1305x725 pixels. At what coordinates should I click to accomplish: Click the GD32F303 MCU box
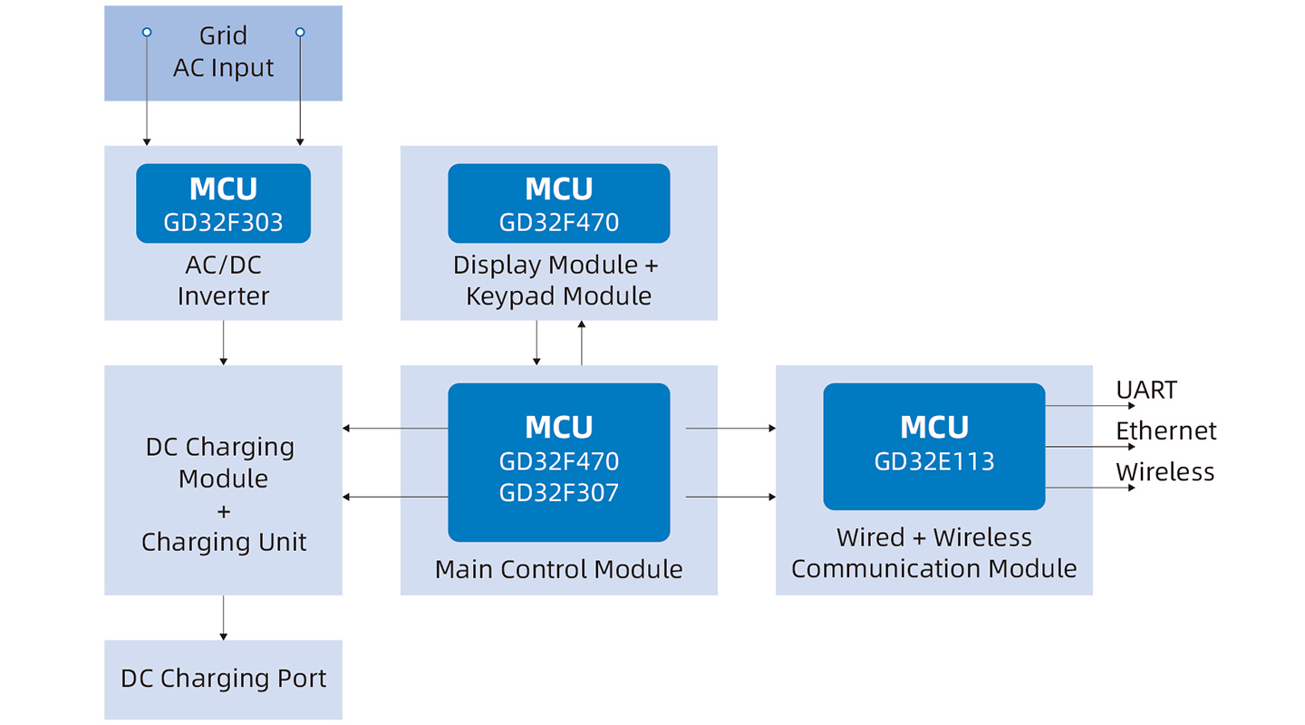click(223, 203)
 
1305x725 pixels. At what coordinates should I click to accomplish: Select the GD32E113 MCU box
click(933, 447)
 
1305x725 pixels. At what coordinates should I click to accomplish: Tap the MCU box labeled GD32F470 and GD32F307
click(558, 462)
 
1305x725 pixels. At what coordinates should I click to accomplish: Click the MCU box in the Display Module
click(558, 203)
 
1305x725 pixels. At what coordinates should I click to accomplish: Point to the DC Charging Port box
click(223, 680)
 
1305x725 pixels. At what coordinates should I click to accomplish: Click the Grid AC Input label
click(223, 52)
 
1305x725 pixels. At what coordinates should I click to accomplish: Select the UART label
click(1145, 390)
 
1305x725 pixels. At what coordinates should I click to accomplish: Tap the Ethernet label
click(1165, 431)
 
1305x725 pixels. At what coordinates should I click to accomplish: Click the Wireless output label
click(1165, 472)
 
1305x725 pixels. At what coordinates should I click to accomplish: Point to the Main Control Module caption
click(558, 569)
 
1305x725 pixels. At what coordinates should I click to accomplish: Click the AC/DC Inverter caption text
click(223, 280)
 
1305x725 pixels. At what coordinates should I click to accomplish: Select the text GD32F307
click(558, 493)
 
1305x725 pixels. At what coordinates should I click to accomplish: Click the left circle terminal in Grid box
click(147, 32)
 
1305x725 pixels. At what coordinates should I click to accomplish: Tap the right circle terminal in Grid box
click(300, 32)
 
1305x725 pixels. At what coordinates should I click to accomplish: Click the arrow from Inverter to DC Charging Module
click(223, 343)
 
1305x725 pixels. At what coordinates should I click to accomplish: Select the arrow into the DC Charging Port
click(223, 618)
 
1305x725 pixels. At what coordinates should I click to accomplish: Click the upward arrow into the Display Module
click(582, 343)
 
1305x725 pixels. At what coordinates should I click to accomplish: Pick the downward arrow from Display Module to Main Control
click(536, 343)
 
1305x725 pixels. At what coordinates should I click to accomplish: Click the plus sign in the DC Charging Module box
click(224, 512)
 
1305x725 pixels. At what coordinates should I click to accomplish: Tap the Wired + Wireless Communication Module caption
click(933, 553)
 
